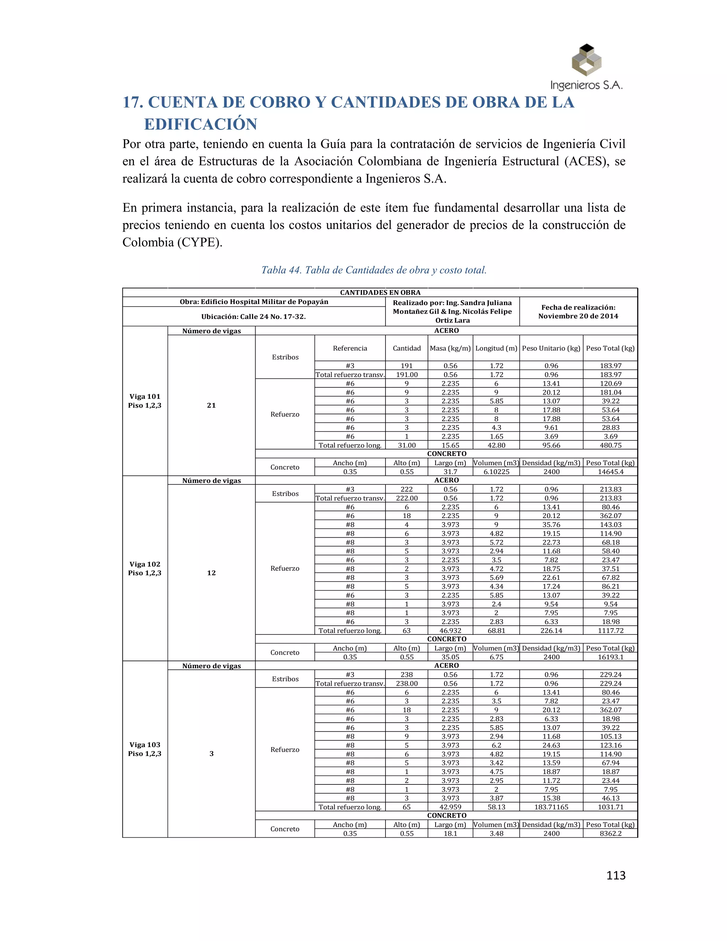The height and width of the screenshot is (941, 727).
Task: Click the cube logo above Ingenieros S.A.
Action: pos(586,60)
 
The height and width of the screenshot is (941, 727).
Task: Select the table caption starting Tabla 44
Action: pos(374,270)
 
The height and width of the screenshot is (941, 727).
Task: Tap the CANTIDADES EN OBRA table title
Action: pos(380,293)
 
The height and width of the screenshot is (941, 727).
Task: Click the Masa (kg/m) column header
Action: pos(450,348)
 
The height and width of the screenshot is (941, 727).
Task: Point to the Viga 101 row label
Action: pos(145,401)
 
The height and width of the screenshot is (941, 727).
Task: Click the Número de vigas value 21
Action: pos(211,405)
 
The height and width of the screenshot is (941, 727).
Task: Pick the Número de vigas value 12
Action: pos(211,573)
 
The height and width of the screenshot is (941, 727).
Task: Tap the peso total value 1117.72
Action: pos(610,630)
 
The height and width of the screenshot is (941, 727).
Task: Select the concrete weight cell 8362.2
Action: pos(610,833)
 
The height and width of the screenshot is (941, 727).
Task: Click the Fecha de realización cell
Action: pos(578,311)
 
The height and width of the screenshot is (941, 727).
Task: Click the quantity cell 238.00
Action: pos(406,683)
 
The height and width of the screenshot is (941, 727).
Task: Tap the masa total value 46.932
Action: pos(450,630)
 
